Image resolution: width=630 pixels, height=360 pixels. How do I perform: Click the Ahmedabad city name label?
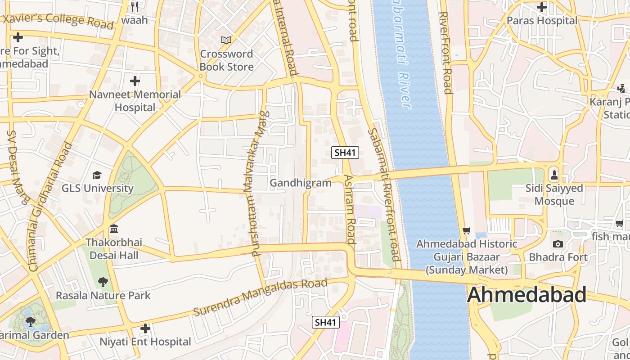(x=526, y=295)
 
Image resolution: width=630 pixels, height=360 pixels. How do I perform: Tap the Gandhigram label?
(x=300, y=183)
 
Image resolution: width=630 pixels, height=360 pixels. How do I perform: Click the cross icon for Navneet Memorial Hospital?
(x=135, y=81)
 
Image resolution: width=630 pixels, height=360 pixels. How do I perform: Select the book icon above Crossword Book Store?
(x=226, y=40)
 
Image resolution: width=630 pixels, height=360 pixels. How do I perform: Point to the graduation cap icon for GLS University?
(x=97, y=175)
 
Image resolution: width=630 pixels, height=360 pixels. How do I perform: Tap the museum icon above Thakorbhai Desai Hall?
(x=114, y=229)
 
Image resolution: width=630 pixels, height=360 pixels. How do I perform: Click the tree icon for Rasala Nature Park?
(x=103, y=282)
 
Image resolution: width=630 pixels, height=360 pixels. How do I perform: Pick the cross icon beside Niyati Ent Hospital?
(x=145, y=328)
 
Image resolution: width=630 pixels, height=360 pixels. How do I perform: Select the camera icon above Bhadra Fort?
(x=558, y=244)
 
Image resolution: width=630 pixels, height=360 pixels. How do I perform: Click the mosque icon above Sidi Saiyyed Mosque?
(x=554, y=174)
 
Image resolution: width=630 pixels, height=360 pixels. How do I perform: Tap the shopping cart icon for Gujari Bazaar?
(x=467, y=230)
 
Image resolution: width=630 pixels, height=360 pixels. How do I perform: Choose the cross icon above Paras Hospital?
(x=542, y=7)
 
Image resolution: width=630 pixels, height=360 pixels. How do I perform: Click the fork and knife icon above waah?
(x=134, y=6)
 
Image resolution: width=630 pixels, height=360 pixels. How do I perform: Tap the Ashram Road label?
(x=350, y=209)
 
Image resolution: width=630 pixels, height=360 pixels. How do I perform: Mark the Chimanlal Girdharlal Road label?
(x=50, y=207)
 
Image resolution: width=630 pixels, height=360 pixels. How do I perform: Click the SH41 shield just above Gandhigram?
(x=345, y=153)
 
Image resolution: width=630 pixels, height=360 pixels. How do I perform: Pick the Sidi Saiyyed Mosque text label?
(x=554, y=194)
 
